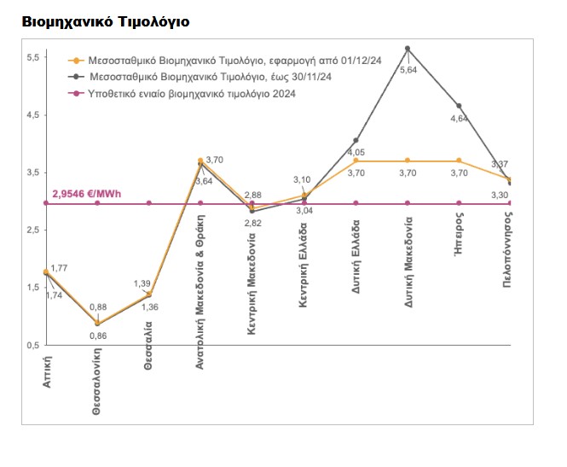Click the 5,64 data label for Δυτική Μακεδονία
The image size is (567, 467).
tap(408, 72)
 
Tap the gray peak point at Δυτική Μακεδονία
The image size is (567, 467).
tap(408, 49)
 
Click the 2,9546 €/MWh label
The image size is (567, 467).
tap(87, 194)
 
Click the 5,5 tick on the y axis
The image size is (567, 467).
tap(33, 57)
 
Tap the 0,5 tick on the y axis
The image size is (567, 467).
tap(33, 345)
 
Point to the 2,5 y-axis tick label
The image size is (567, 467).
tap(33, 231)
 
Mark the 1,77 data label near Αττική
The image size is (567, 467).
tap(59, 269)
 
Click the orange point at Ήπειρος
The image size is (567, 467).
tap(460, 161)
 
